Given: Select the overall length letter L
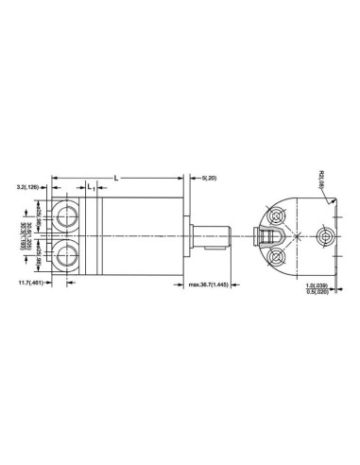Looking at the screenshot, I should click(x=115, y=177).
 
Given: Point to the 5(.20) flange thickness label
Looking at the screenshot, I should click(x=210, y=177).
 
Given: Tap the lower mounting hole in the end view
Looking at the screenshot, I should click(x=277, y=257).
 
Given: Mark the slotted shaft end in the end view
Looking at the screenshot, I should click(x=269, y=234).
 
